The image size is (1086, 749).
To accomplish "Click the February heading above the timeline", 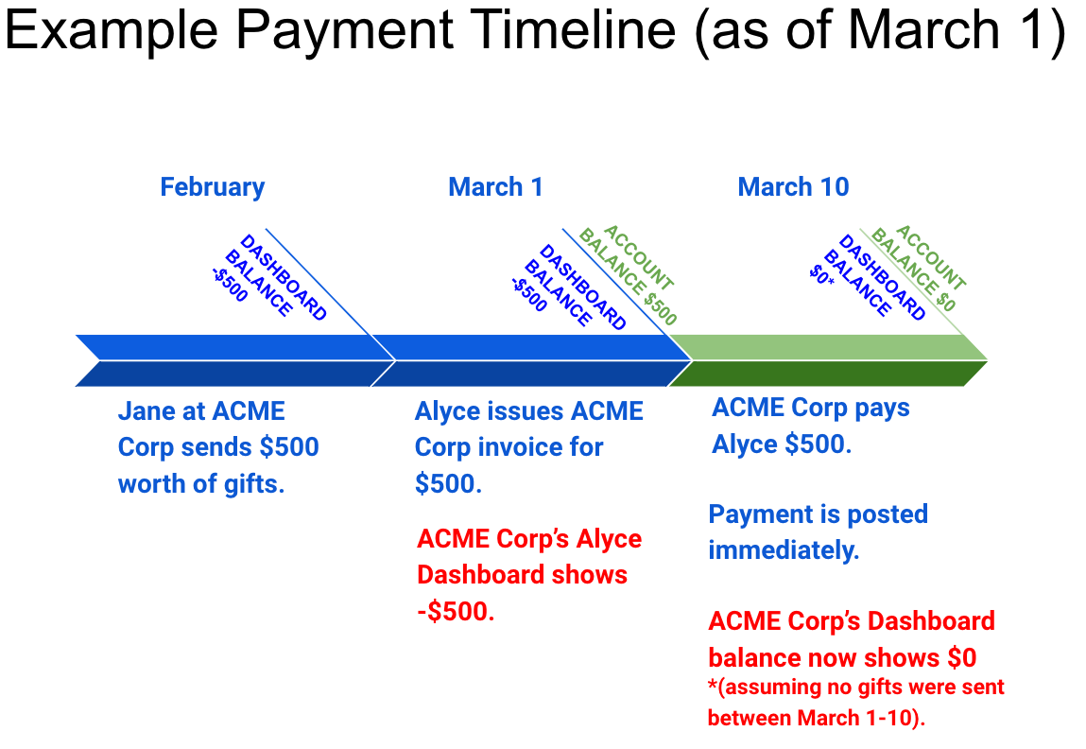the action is tap(212, 187).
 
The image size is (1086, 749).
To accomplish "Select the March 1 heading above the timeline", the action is tap(495, 187).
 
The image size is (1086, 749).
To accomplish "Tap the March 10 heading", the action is tap(793, 187).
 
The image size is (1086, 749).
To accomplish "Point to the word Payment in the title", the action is tap(343, 31).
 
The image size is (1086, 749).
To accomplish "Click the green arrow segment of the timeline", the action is tap(828, 360).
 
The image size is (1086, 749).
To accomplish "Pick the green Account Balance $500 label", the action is tap(628, 275).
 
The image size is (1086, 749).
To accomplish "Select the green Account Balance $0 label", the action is tap(919, 268).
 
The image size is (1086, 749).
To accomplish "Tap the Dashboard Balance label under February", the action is tap(268, 277).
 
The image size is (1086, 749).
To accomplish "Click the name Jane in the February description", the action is tap(147, 410).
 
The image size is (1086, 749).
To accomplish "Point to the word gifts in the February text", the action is tap(253, 484).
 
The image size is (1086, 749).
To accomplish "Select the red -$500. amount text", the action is tap(456, 611).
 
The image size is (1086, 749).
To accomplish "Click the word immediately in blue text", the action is tap(784, 550).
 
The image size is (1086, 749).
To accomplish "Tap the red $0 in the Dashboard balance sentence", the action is tap(960, 657).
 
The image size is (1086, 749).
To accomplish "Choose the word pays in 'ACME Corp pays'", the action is tap(882, 409).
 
